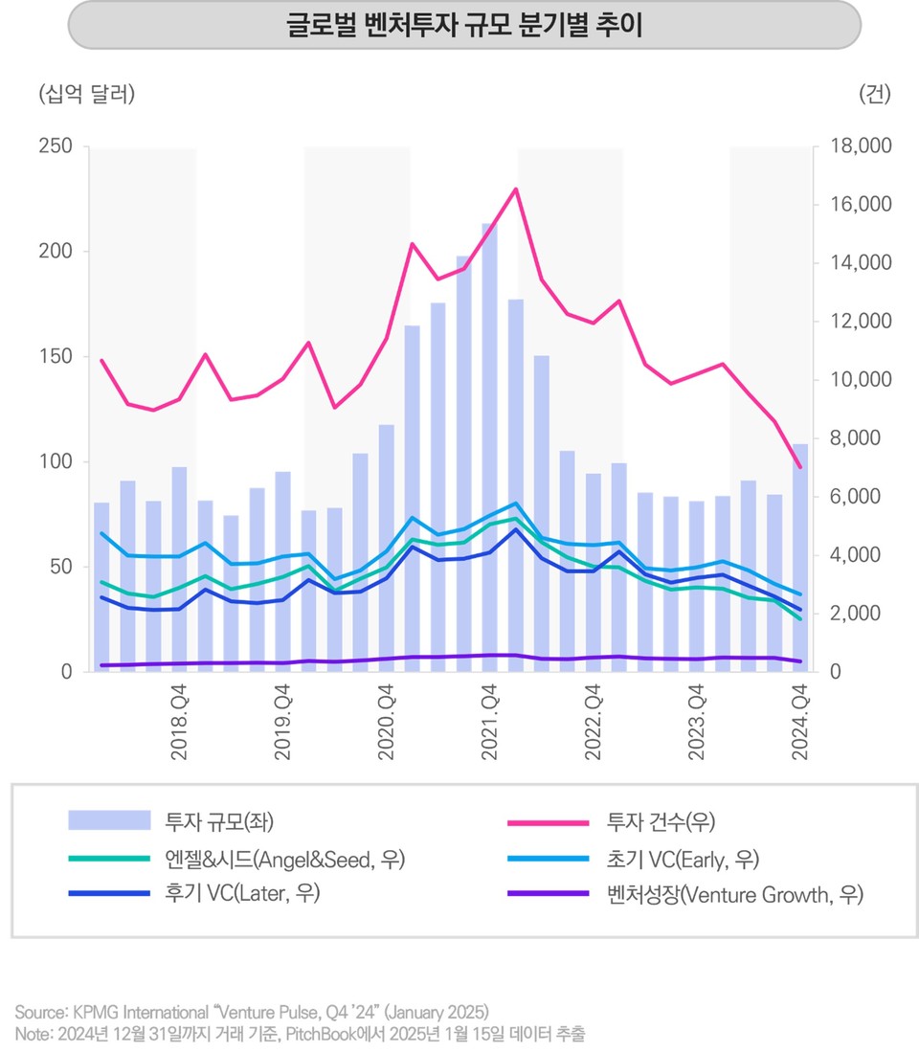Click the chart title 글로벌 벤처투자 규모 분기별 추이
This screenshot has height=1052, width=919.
[x=464, y=26]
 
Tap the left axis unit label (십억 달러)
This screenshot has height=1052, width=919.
[x=86, y=94]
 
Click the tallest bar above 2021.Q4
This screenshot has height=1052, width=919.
[x=489, y=440]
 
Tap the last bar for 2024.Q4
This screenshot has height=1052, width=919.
[x=800, y=555]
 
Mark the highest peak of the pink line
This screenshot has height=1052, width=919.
[x=516, y=189]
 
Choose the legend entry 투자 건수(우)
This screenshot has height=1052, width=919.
[x=661, y=820]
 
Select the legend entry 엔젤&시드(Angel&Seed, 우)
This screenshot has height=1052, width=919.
[x=284, y=859]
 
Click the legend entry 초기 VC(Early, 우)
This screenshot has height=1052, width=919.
[x=683, y=859]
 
